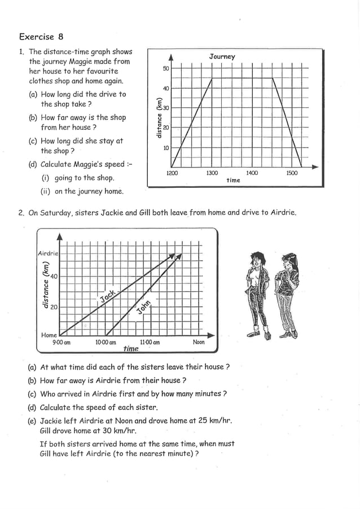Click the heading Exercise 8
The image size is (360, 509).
(x=41, y=37)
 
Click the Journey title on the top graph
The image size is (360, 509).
(x=222, y=56)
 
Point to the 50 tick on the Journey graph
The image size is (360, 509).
(x=165, y=69)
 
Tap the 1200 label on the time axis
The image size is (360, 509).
(x=172, y=173)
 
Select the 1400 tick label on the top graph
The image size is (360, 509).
(x=252, y=173)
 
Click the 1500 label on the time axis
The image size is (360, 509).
(x=292, y=173)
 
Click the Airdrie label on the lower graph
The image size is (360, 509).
(x=48, y=253)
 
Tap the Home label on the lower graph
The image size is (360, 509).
(x=49, y=335)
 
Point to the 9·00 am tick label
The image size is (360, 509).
(x=61, y=343)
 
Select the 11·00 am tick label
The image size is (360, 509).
(x=150, y=343)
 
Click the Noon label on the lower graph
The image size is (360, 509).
(x=199, y=342)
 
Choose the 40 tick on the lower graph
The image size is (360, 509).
(x=54, y=277)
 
